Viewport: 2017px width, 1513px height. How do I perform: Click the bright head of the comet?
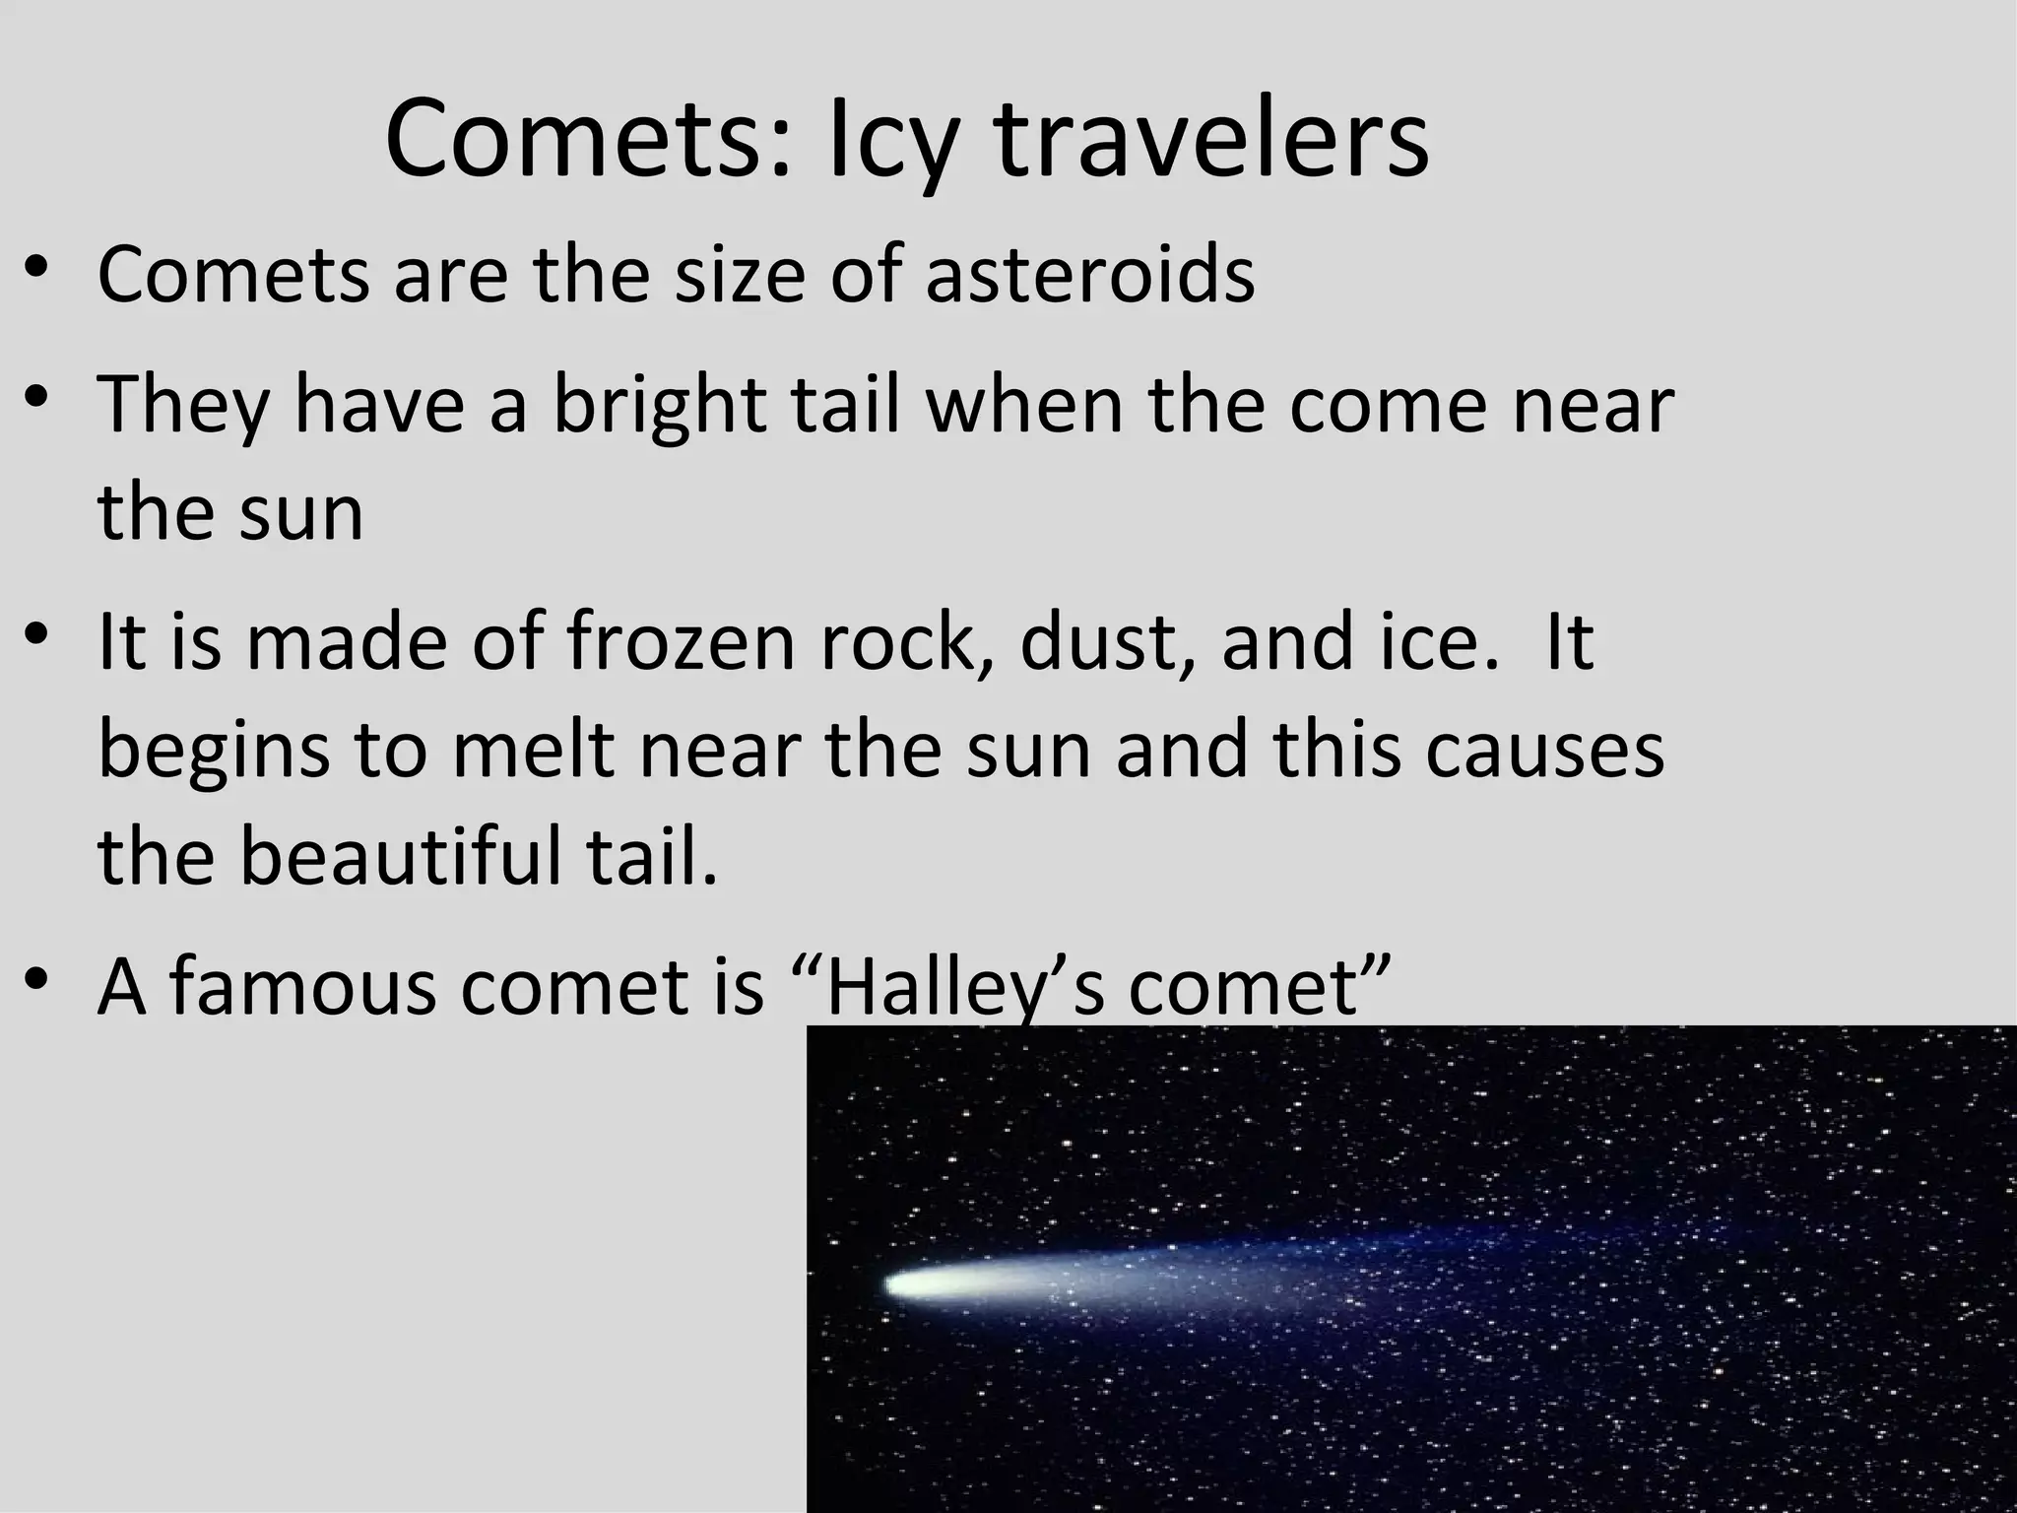click(x=911, y=1284)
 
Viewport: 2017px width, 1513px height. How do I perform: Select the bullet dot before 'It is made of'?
click(x=36, y=636)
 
